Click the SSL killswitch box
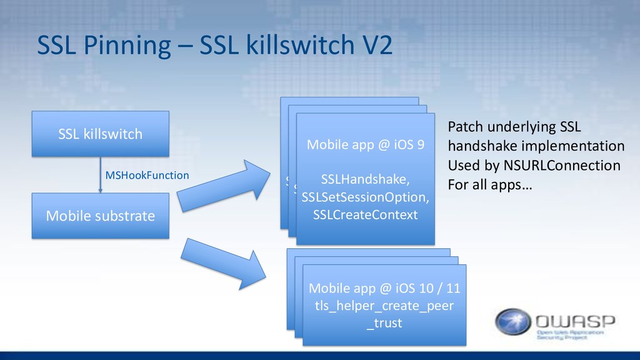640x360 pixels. [x=100, y=134]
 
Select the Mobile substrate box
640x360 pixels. [x=100, y=216]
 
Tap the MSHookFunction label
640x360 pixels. [x=147, y=176]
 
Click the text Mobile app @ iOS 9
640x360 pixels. [x=365, y=146]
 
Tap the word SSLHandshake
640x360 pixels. [x=365, y=180]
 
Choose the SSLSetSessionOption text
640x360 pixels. [x=365, y=197]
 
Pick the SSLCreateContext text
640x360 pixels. [x=365, y=215]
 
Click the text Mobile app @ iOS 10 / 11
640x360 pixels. [x=384, y=288]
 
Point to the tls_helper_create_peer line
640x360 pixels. [x=384, y=306]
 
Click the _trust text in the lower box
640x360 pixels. [x=384, y=323]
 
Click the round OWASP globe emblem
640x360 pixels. [x=514, y=322]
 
